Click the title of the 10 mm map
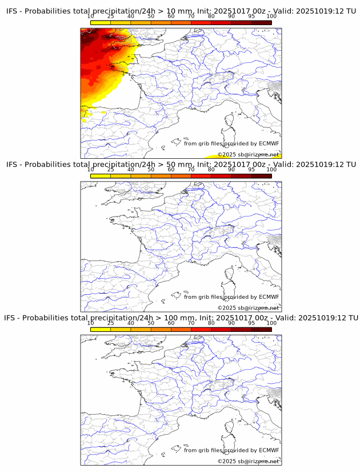181,11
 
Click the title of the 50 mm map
181,165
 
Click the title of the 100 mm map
181,318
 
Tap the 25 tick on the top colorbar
111,16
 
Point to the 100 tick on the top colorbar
271,16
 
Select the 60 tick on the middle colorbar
171,170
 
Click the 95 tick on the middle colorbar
251,170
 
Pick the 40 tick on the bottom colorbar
131,323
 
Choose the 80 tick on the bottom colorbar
211,323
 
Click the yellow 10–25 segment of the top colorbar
101,22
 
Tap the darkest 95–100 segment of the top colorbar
261,22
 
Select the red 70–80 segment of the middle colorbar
201,175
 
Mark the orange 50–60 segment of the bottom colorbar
161,329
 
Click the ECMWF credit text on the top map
231,143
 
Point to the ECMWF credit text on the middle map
231,296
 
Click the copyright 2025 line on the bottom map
248,461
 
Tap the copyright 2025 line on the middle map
248,308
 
